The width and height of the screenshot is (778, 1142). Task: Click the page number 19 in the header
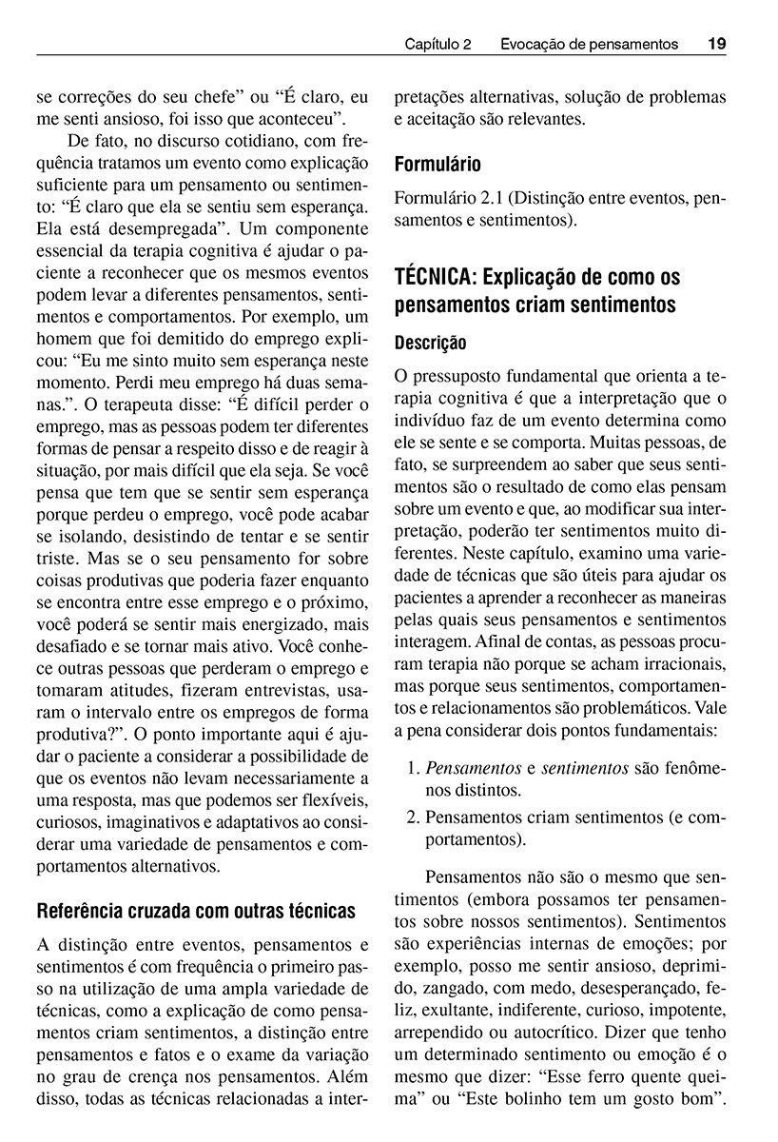(716, 44)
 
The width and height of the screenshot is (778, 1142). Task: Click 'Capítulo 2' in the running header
(438, 44)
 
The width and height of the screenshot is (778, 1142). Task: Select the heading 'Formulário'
(438, 165)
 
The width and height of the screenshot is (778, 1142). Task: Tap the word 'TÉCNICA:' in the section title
(434, 278)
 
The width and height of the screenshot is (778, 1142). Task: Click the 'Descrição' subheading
(430, 342)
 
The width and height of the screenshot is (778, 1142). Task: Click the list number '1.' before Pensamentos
(412, 768)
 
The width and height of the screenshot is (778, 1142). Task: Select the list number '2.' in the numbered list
(412, 816)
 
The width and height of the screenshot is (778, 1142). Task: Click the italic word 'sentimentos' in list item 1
(584, 768)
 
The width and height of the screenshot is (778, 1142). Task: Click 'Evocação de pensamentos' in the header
(589, 44)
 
